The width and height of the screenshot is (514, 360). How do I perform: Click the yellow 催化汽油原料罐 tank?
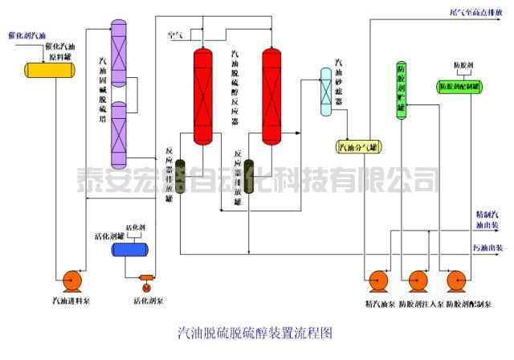click(x=49, y=69)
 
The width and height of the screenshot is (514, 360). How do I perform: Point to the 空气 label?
click(x=174, y=34)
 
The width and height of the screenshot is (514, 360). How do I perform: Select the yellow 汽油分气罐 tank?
click(x=357, y=146)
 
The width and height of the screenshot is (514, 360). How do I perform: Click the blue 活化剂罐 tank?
click(x=128, y=250)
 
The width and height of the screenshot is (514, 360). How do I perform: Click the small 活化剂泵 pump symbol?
click(x=146, y=284)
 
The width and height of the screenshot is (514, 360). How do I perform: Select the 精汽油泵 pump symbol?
click(x=375, y=282)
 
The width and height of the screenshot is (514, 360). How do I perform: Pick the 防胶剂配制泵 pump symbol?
click(x=459, y=282)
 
